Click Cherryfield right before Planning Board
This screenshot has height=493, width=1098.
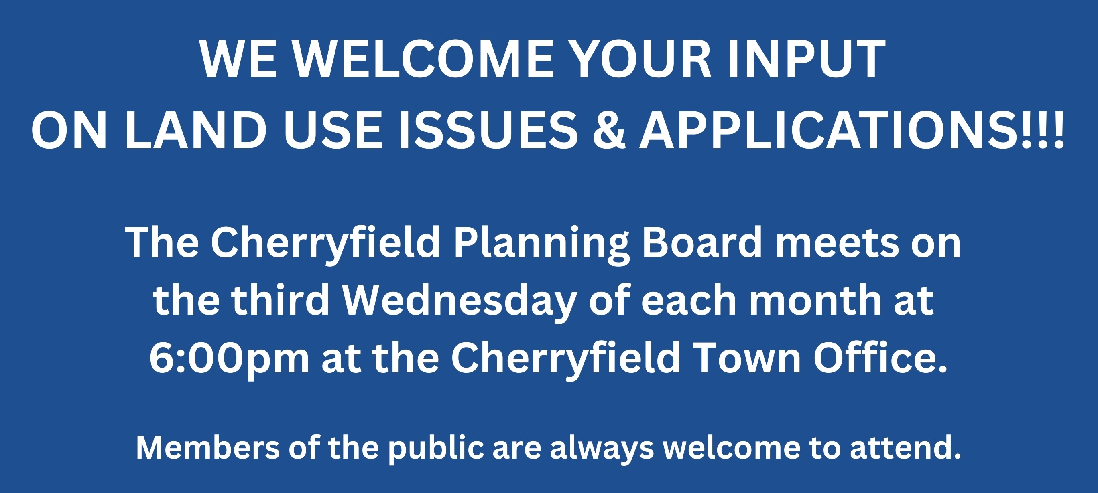click(x=325, y=244)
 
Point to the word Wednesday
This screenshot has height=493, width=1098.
click(x=459, y=302)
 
